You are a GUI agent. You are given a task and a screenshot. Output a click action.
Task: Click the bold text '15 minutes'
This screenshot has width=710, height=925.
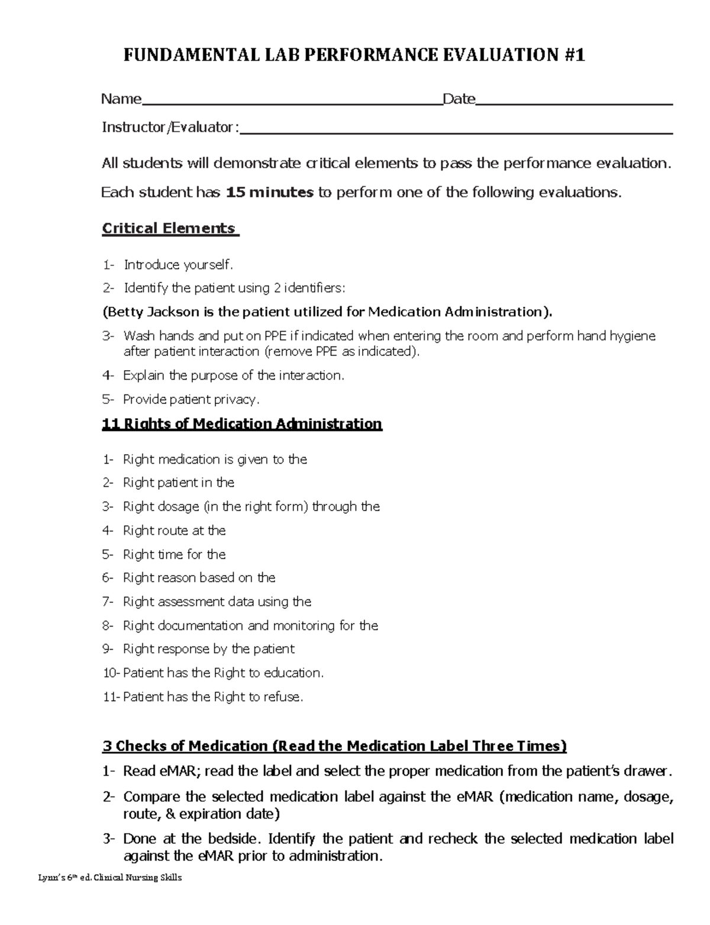(x=270, y=192)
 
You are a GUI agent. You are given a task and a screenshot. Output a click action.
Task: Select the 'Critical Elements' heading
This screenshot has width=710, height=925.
(x=170, y=229)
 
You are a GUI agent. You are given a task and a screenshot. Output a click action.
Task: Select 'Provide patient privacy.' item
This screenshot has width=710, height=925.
(x=191, y=400)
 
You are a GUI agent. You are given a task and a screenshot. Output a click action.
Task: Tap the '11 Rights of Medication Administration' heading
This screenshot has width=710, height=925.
(x=242, y=424)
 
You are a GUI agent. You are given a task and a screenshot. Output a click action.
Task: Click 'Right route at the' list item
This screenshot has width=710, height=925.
(x=174, y=531)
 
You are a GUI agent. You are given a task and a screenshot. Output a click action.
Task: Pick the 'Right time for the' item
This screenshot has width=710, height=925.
(x=174, y=554)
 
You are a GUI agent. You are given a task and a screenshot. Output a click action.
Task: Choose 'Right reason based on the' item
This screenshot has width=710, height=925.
(x=199, y=578)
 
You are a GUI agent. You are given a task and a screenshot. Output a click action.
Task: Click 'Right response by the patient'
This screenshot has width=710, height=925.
(x=208, y=649)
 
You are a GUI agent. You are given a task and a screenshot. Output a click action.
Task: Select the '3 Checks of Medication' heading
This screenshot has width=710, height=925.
(x=334, y=746)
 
